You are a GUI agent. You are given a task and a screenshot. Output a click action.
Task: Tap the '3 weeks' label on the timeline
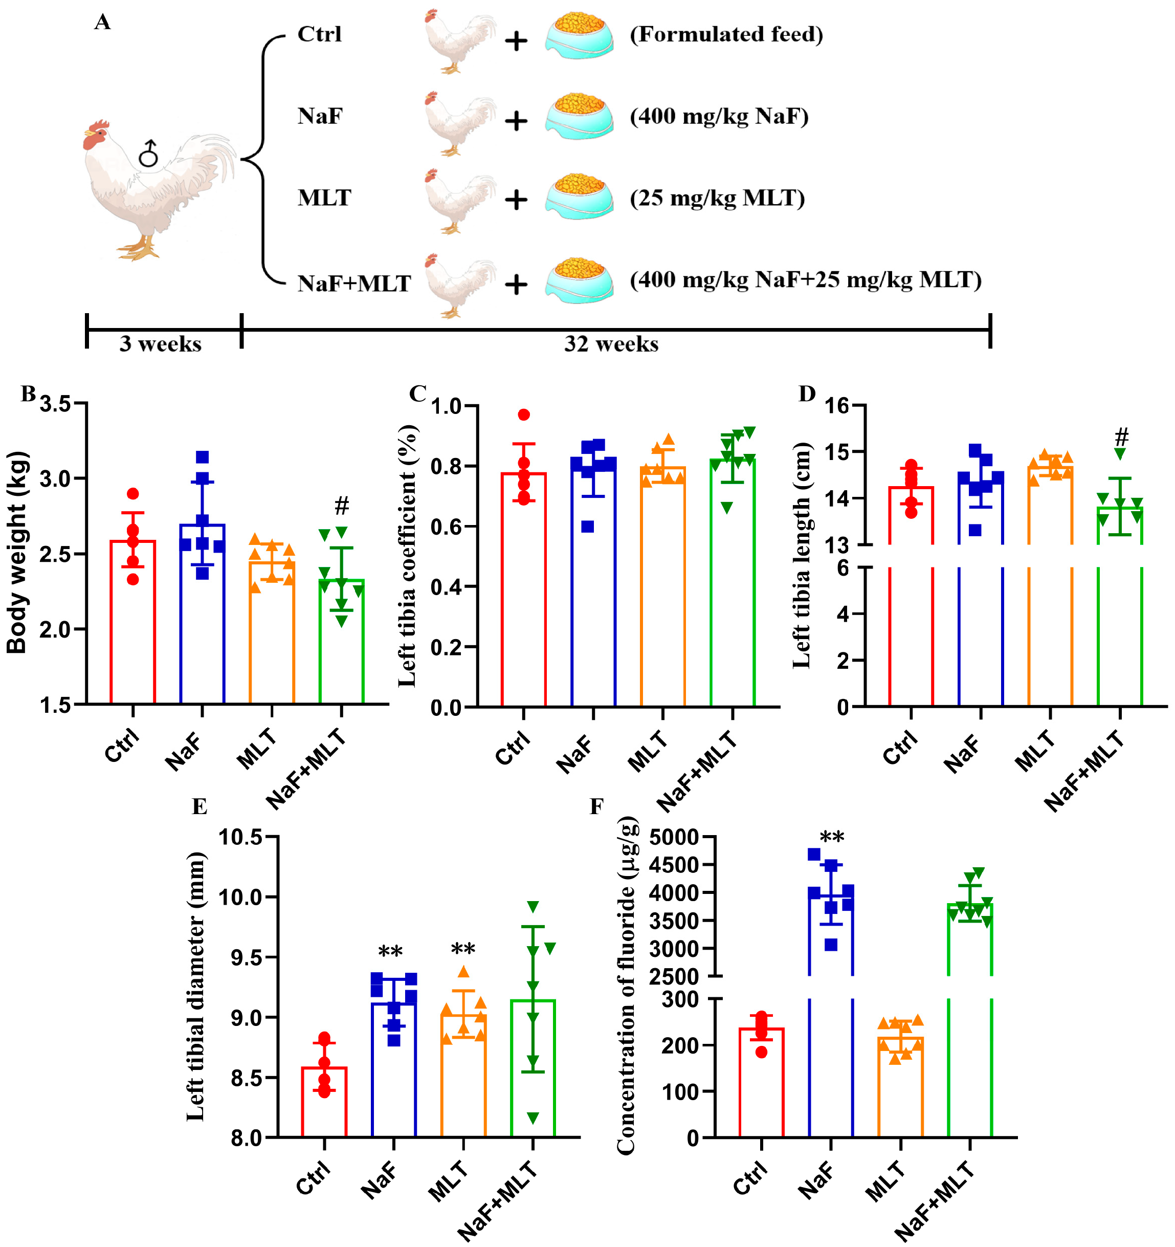[161, 344]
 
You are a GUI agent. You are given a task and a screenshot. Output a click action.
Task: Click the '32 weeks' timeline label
[611, 344]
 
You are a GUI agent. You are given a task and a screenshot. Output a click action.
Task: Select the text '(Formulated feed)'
[726, 34]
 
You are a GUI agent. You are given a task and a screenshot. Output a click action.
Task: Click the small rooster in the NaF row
[458, 122]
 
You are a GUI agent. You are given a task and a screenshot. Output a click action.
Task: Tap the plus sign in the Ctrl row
[516, 41]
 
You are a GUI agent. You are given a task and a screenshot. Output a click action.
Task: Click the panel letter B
[28, 394]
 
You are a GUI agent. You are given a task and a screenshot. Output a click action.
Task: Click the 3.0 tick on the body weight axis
[55, 478]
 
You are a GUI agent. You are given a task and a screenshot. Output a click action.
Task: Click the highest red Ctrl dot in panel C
[524, 414]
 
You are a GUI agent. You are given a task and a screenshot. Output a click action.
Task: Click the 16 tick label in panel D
[836, 405]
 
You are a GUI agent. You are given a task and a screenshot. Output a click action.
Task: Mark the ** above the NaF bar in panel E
[390, 952]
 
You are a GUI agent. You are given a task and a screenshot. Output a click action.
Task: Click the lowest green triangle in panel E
[533, 1118]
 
